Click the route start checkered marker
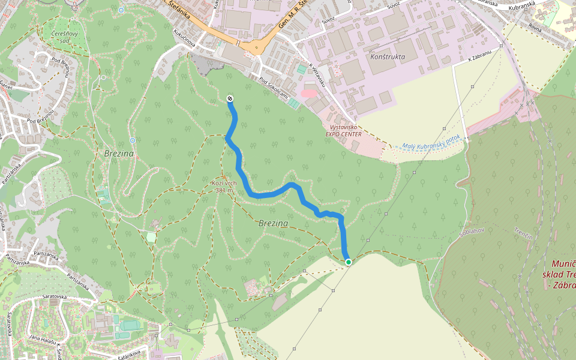(230, 98)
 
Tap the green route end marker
(348, 262)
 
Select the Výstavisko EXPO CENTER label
(343, 131)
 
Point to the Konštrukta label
(388, 57)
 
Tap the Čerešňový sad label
(65, 37)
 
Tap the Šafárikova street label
(128, 354)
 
